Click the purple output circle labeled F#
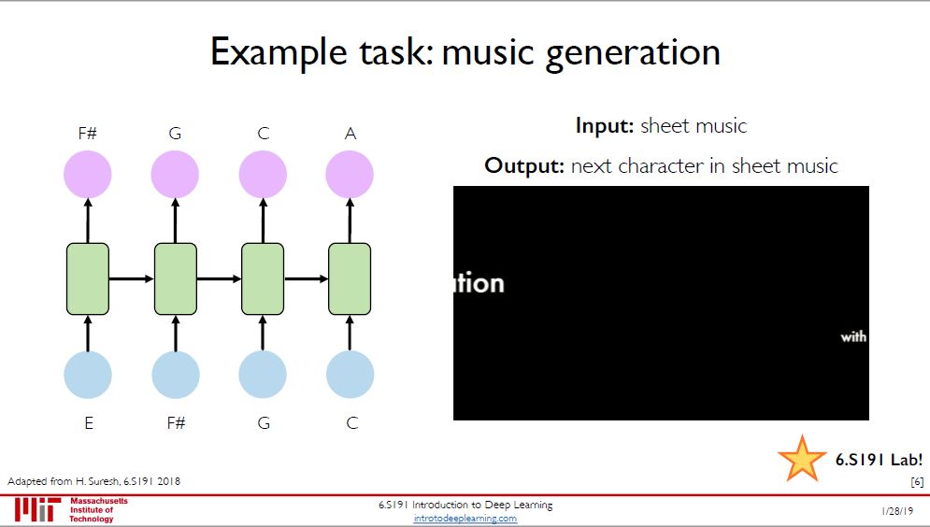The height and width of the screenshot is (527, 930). click(x=88, y=174)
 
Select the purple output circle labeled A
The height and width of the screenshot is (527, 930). click(x=350, y=174)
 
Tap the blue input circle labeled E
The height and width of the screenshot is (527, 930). click(x=88, y=374)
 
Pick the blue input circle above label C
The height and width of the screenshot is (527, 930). click(x=350, y=374)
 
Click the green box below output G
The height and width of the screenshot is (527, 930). click(x=176, y=278)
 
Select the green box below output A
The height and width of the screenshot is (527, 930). click(x=350, y=278)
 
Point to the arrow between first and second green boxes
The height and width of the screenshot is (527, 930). click(x=132, y=278)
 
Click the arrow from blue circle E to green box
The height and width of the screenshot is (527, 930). click(x=88, y=332)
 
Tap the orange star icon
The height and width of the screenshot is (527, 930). click(x=801, y=458)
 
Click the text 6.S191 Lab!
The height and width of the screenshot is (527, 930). click(x=879, y=459)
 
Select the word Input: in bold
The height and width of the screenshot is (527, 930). click(x=605, y=125)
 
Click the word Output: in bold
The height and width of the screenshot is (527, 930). click(x=524, y=166)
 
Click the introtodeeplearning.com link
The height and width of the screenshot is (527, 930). click(x=465, y=519)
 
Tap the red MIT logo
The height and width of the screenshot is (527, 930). click(x=36, y=510)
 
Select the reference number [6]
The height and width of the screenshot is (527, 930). click(x=917, y=481)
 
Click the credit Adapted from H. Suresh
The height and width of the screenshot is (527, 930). click(x=94, y=481)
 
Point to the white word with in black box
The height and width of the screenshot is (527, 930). click(x=853, y=336)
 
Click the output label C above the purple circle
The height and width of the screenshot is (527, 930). click(x=263, y=134)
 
